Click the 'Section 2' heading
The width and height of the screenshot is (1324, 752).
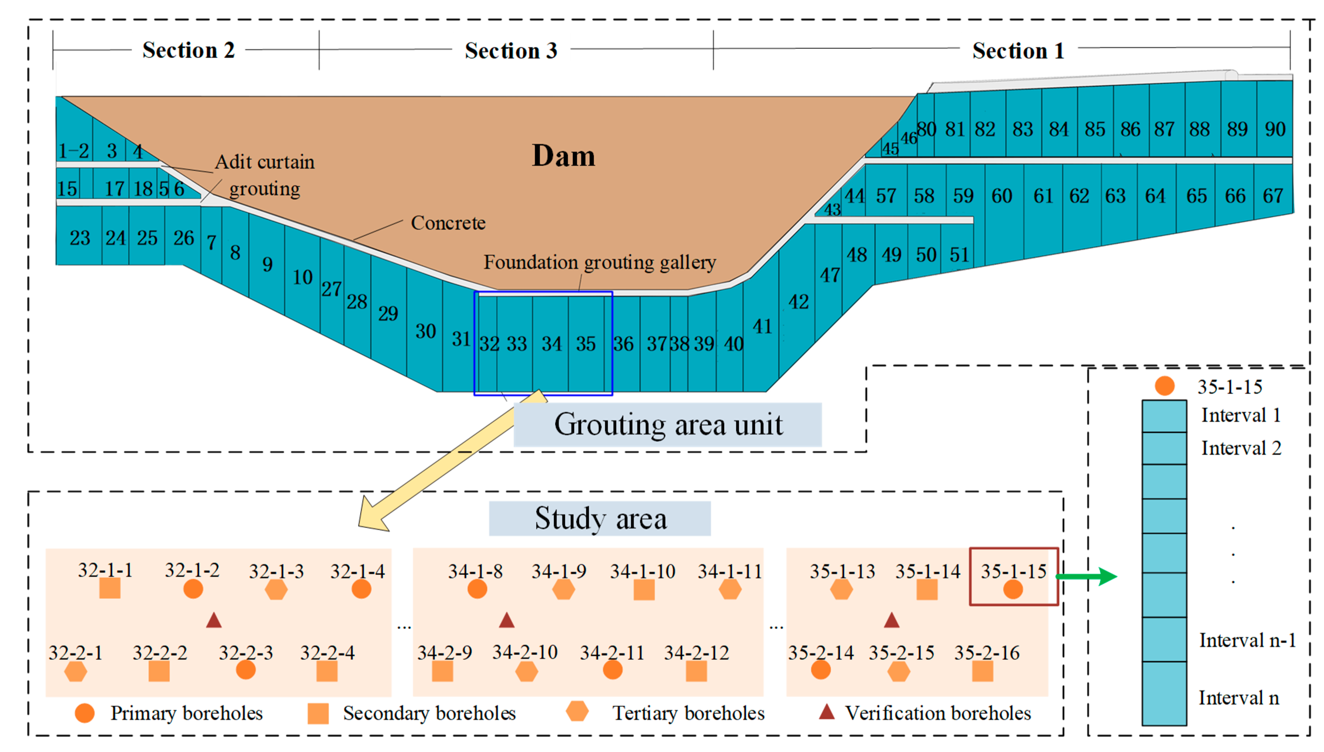[x=189, y=50]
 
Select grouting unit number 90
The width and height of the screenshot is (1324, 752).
[x=1275, y=129]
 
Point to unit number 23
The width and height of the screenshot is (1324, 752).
[x=80, y=238]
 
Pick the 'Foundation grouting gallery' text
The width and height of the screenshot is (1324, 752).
[x=599, y=262]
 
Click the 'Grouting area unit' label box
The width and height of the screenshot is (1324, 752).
[x=668, y=425]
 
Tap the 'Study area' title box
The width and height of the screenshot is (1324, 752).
[x=600, y=519]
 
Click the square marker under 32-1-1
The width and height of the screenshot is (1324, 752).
[x=109, y=588]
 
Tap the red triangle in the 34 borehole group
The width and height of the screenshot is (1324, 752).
[x=507, y=620]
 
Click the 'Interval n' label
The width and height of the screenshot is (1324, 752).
[x=1238, y=698]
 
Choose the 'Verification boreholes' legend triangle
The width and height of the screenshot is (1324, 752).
[x=827, y=712]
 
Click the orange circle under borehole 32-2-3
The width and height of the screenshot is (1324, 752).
[x=246, y=670]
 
